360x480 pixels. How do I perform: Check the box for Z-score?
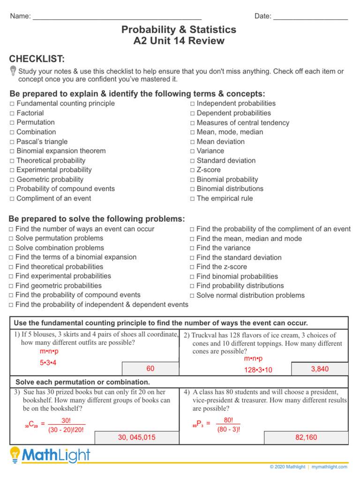coord(192,170)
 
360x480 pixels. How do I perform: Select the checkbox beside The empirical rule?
coord(192,199)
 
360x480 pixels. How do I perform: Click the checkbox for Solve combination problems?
coord(11,248)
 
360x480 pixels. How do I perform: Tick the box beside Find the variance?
coord(192,248)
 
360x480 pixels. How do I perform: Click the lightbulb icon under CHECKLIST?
coord(13,71)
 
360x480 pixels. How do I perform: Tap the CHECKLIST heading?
coord(37,59)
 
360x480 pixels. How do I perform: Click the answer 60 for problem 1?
coord(150,368)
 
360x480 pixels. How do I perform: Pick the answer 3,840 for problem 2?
coord(320,369)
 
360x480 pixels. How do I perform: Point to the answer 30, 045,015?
coord(136,437)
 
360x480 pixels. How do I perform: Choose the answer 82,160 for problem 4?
coord(306,437)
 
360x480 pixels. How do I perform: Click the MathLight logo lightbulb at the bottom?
coord(15,455)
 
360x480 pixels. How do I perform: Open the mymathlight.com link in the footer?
coord(330,467)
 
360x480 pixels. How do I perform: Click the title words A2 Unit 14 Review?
coord(179,41)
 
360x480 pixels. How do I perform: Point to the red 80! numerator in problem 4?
coord(229,420)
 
